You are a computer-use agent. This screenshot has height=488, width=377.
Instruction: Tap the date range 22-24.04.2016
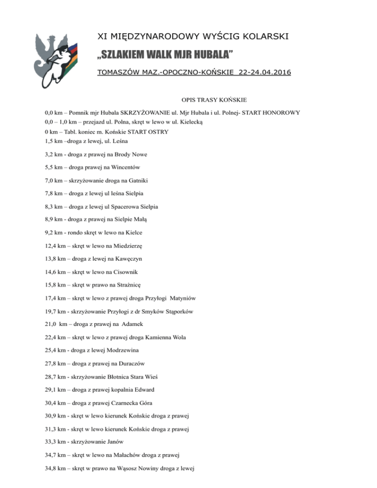tap(263, 73)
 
